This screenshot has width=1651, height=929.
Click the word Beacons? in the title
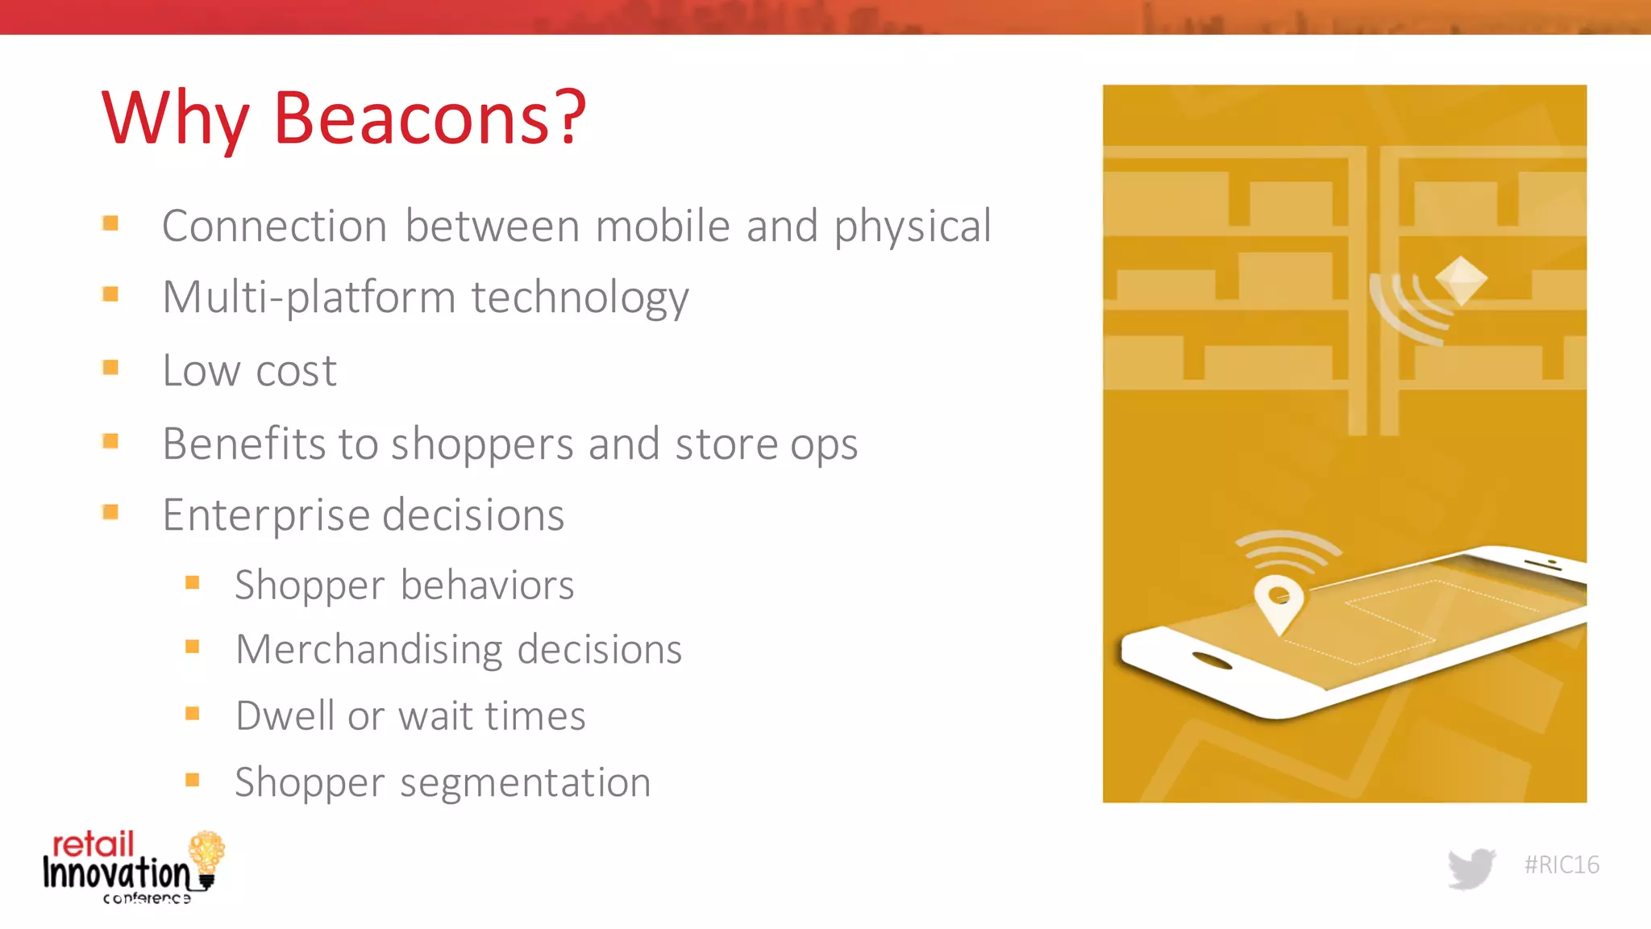430,119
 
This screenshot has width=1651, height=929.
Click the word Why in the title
175,119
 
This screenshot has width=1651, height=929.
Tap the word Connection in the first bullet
274,226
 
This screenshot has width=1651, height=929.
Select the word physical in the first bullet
912,227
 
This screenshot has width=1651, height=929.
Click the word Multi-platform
309,298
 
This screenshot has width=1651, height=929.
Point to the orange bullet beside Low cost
110,368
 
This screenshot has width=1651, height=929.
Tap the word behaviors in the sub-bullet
487,585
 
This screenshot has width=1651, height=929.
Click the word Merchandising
369,649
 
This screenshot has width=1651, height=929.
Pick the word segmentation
525,783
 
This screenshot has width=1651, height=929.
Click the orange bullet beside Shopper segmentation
192,780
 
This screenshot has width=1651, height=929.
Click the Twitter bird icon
1471,868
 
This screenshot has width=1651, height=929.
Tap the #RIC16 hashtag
1561,865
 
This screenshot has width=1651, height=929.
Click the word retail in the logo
93,844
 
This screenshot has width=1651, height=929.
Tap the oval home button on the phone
1212,661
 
